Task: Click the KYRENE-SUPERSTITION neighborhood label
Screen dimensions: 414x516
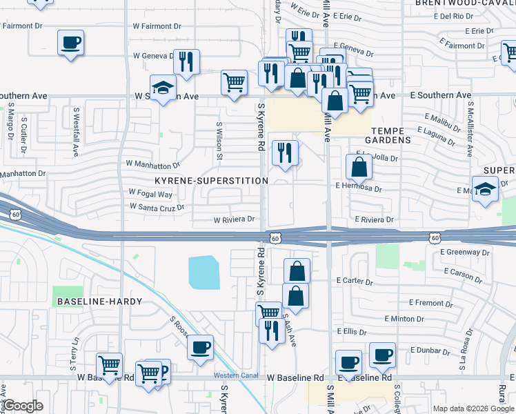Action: pyautogui.click(x=210, y=180)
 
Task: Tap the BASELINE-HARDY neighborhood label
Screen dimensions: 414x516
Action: pyautogui.click(x=99, y=302)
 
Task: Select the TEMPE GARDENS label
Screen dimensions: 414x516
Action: pyautogui.click(x=390, y=135)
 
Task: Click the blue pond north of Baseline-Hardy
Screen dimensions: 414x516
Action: pyautogui.click(x=204, y=272)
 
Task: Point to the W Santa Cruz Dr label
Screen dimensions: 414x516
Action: pyautogui.click(x=157, y=206)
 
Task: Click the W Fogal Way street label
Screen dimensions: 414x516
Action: pyautogui.click(x=150, y=194)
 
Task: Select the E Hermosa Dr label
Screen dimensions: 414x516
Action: pyautogui.click(x=359, y=187)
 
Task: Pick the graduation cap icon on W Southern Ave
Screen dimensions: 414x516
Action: pyautogui.click(x=163, y=88)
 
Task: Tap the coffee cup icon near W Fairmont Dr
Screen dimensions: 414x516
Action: pyautogui.click(x=71, y=43)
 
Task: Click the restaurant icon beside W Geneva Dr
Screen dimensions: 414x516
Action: pyautogui.click(x=186, y=62)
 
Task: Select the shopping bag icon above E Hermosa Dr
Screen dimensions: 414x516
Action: pyautogui.click(x=359, y=167)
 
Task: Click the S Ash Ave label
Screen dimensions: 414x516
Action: pyautogui.click(x=292, y=335)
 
